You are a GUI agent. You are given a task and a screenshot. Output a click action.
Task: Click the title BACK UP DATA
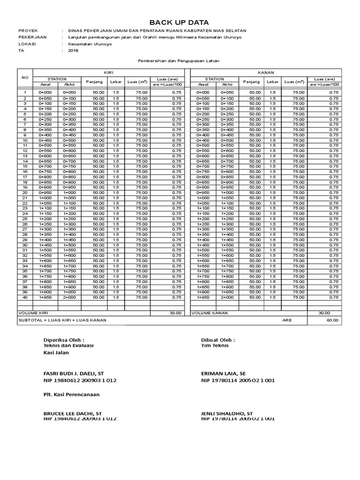pyautogui.click(x=179, y=22)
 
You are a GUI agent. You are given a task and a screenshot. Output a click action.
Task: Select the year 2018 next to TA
pyautogui.click(x=73, y=51)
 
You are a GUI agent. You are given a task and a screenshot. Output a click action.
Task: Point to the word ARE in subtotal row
pyautogui.click(x=287, y=320)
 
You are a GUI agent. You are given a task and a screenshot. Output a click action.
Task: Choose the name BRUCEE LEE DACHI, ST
pyautogui.click(x=72, y=413)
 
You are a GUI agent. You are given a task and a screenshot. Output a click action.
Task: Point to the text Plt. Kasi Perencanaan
pyautogui.click(x=71, y=394)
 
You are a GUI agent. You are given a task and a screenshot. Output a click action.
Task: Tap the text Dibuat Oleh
pyautogui.click(x=217, y=339)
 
